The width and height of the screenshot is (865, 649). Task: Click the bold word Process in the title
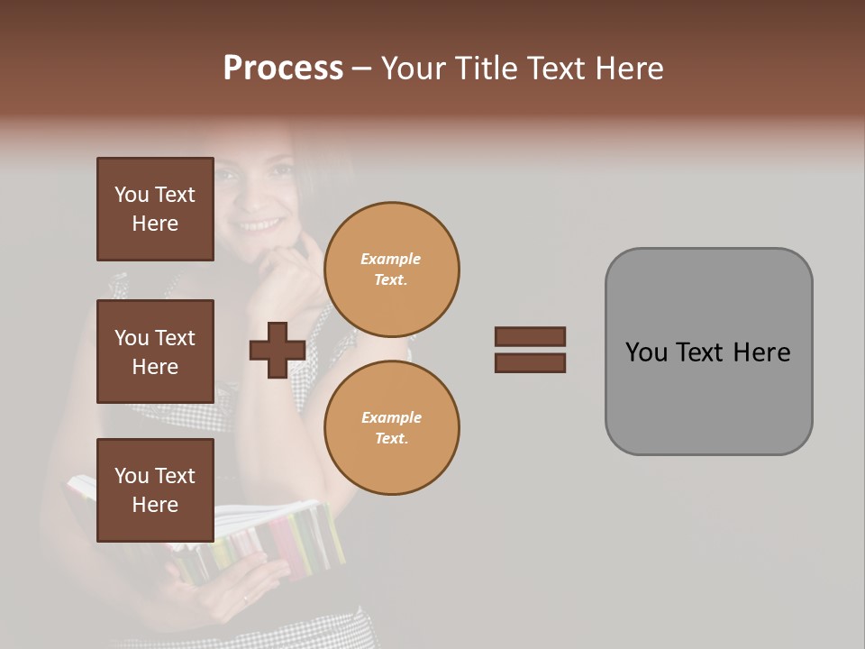pyautogui.click(x=283, y=69)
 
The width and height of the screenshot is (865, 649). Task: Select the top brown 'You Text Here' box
pyautogui.click(x=155, y=209)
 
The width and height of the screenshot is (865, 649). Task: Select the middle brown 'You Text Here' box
pyautogui.click(x=155, y=352)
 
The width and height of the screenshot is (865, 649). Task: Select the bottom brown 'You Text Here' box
pyautogui.click(x=155, y=490)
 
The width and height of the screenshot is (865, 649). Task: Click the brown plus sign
pyautogui.click(x=277, y=351)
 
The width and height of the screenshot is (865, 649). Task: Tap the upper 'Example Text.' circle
pyautogui.click(x=392, y=270)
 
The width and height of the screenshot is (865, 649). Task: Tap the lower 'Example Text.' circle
pyautogui.click(x=392, y=428)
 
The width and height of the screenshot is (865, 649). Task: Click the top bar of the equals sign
pyautogui.click(x=530, y=337)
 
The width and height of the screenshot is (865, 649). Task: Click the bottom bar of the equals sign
pyautogui.click(x=530, y=363)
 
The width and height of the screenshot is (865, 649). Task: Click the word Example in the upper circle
pyautogui.click(x=391, y=259)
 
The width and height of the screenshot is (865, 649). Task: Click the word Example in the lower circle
pyautogui.click(x=391, y=417)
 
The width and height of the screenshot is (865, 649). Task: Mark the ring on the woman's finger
pyautogui.click(x=244, y=598)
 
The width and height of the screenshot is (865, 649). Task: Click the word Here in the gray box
pyautogui.click(x=761, y=352)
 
